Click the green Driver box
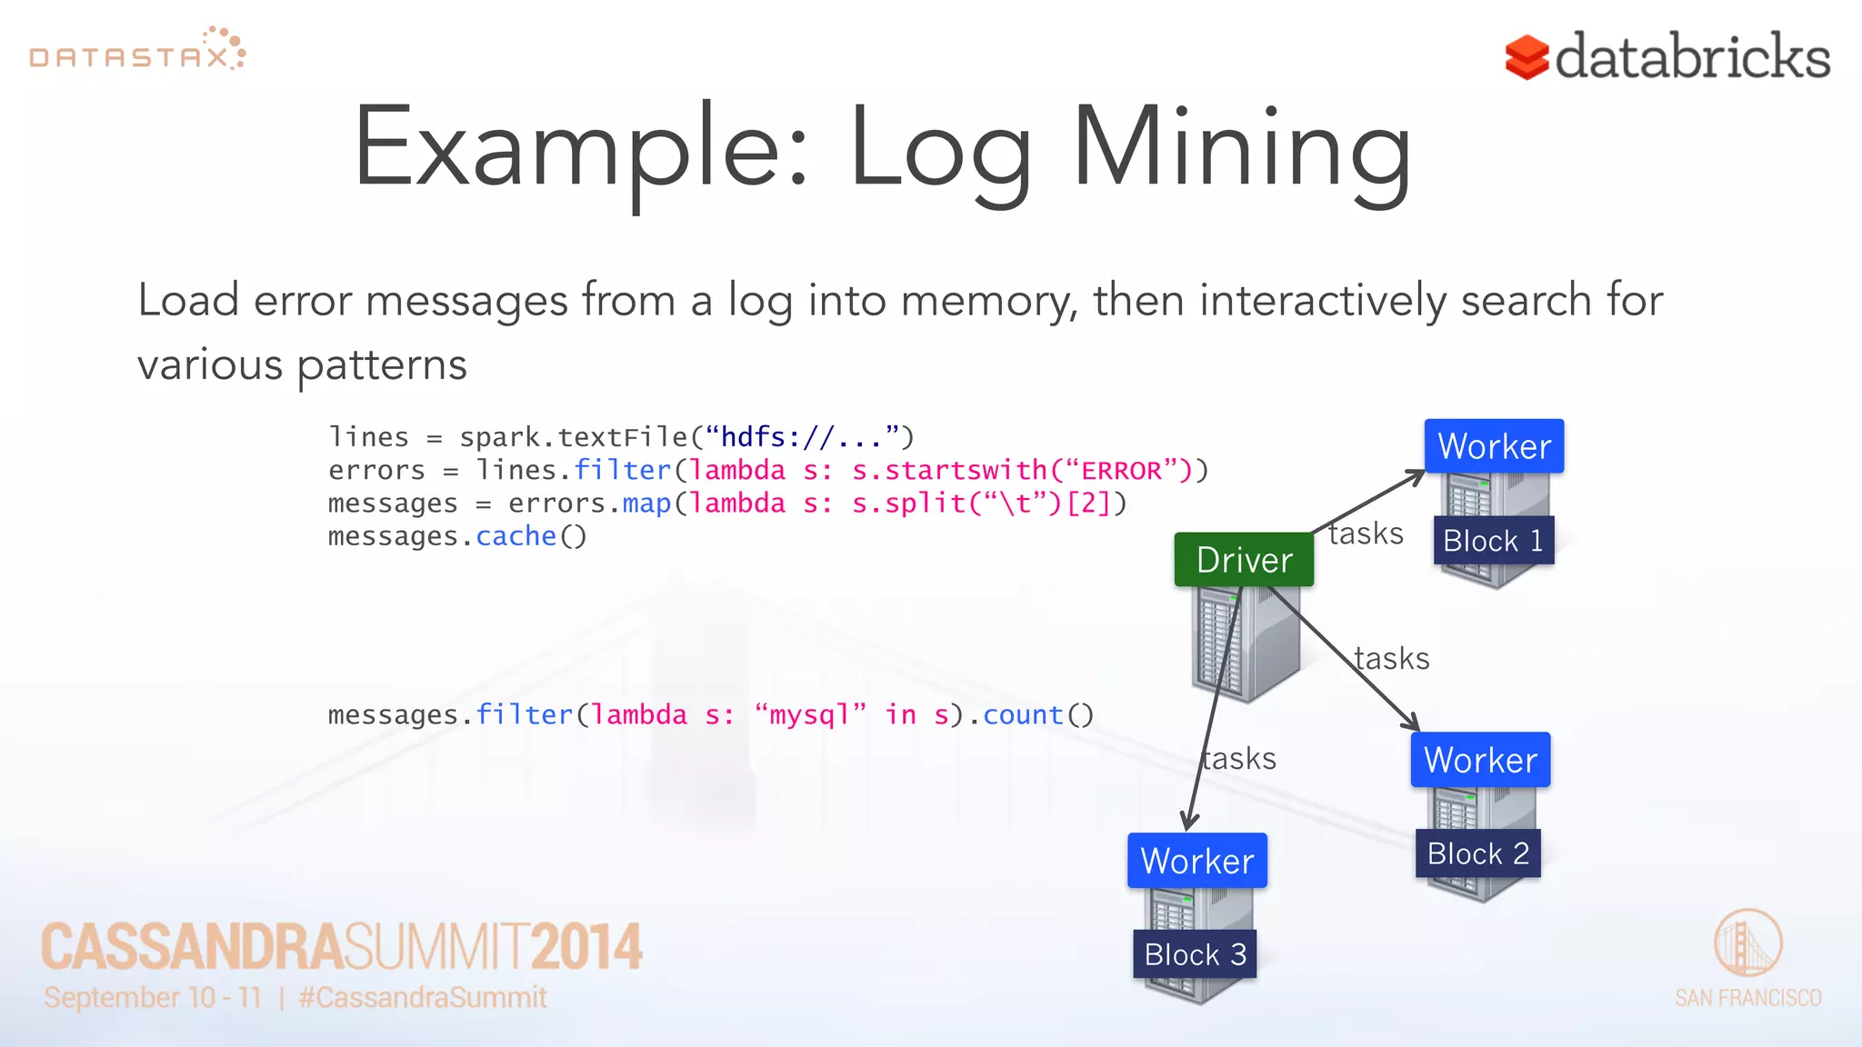point(1244,560)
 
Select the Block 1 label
point(1493,541)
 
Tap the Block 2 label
point(1477,853)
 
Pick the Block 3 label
point(1195,954)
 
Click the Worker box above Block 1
point(1494,446)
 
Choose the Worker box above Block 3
point(1196,861)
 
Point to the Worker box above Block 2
point(1480,760)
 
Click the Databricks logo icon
point(1527,57)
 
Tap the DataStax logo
point(136,51)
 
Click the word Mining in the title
point(1241,150)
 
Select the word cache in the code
point(516,536)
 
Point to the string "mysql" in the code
point(810,715)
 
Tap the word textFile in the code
point(623,437)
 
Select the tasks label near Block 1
point(1365,533)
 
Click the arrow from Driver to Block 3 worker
point(1214,709)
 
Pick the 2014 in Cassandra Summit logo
point(586,947)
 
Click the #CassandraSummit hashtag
point(423,998)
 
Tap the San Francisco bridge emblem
point(1747,943)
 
